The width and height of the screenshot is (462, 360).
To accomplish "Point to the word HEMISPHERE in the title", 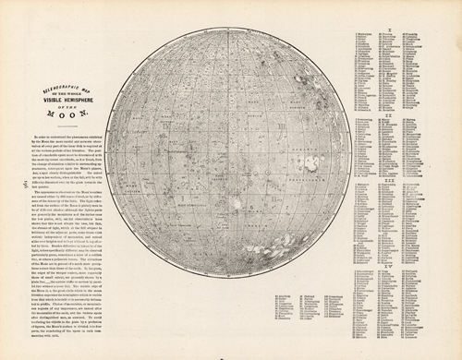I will pos(93,99).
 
